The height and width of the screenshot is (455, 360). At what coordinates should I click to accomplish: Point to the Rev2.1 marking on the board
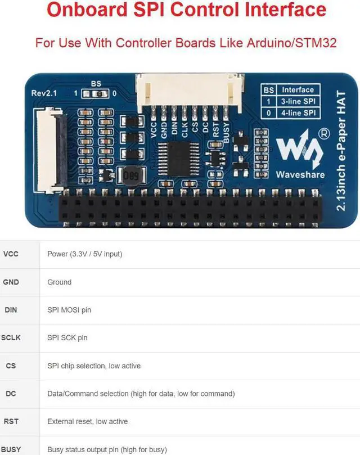(x=44, y=93)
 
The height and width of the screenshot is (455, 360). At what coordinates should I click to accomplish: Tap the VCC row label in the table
(x=11, y=254)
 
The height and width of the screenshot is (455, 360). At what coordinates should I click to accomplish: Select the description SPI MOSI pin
(x=69, y=310)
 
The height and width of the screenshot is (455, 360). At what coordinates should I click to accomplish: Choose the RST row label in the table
(x=11, y=421)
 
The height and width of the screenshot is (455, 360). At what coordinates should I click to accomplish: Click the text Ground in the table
(x=59, y=282)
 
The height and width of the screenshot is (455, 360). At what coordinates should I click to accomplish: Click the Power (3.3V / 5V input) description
(x=85, y=254)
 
